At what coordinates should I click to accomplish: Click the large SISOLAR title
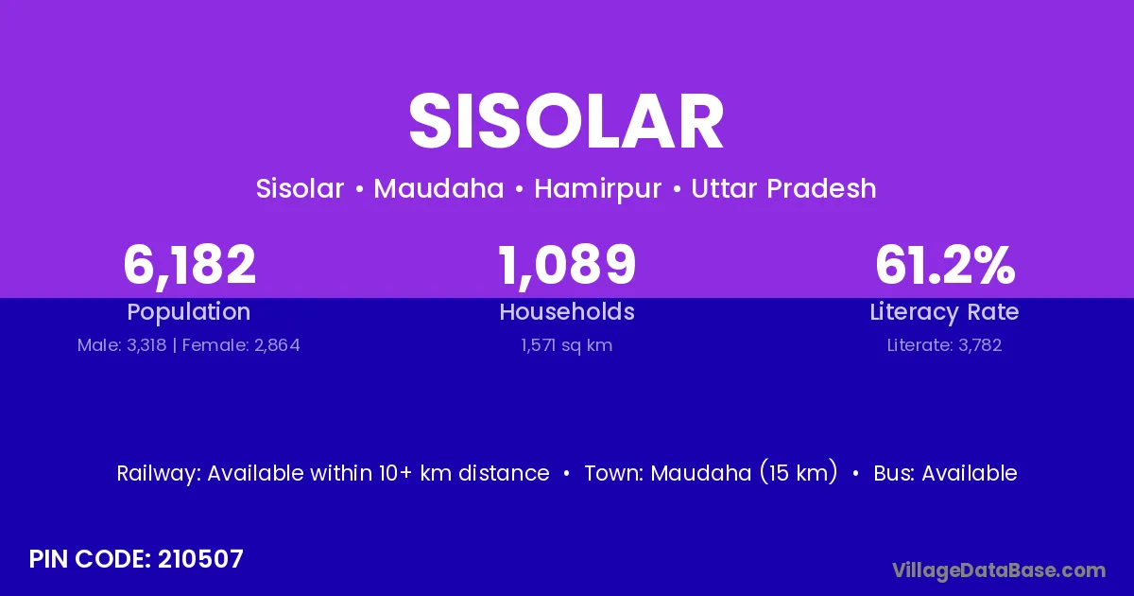(x=566, y=122)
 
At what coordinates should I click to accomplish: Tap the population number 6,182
(x=189, y=265)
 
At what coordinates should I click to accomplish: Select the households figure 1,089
(x=567, y=265)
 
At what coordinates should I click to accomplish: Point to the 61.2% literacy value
(x=945, y=265)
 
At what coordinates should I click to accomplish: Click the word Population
(x=189, y=312)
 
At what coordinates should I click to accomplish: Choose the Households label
(x=567, y=311)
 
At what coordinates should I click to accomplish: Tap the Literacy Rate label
(x=945, y=312)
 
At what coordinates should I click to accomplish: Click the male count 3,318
(x=146, y=345)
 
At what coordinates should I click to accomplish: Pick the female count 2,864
(x=277, y=345)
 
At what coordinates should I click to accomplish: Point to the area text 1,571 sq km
(x=567, y=345)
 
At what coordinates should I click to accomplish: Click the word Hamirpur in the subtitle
(x=598, y=189)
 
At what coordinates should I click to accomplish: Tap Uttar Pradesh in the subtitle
(x=783, y=188)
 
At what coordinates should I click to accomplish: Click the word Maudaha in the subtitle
(x=438, y=188)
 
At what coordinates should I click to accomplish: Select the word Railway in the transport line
(x=159, y=474)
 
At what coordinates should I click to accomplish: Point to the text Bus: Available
(x=946, y=473)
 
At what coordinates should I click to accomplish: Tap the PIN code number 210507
(x=200, y=559)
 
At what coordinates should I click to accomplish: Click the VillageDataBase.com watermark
(x=999, y=570)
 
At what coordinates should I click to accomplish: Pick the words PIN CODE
(x=90, y=559)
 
